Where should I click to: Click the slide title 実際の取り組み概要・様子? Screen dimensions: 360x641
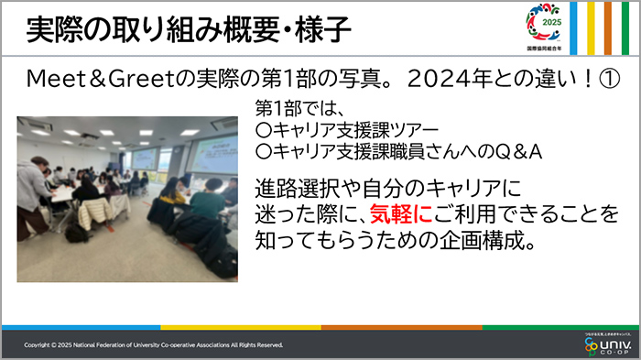pyautogui.click(x=189, y=30)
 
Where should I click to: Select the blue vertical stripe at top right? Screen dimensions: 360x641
pyautogui.click(x=574, y=27)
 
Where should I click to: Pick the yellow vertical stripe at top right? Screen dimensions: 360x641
pyautogui.click(x=591, y=27)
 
